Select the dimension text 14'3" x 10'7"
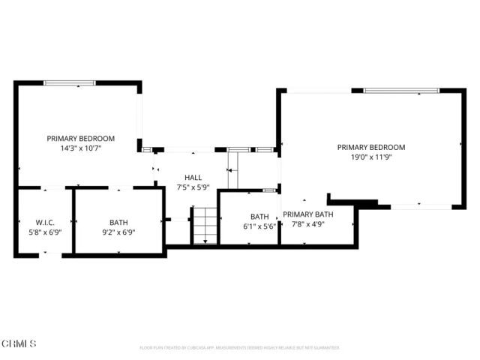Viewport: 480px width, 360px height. tap(80, 148)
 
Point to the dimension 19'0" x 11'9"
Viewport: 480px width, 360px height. tap(370, 157)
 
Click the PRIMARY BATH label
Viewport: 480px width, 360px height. tap(308, 214)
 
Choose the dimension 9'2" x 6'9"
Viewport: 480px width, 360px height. tap(118, 232)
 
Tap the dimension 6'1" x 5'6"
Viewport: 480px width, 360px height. tap(259, 226)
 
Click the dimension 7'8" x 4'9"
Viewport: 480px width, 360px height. tap(308, 223)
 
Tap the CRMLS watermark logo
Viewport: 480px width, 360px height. tap(19, 343)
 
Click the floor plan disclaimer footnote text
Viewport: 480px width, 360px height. tap(239, 348)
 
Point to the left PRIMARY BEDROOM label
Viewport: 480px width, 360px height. tap(80, 138)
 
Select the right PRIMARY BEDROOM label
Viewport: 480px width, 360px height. tap(370, 147)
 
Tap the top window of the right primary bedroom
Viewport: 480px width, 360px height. tap(401, 91)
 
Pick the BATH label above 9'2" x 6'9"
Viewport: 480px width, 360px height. tap(118, 222)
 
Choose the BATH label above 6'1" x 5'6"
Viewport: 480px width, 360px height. tap(259, 215)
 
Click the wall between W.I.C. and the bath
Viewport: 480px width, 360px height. tap(73, 221)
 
